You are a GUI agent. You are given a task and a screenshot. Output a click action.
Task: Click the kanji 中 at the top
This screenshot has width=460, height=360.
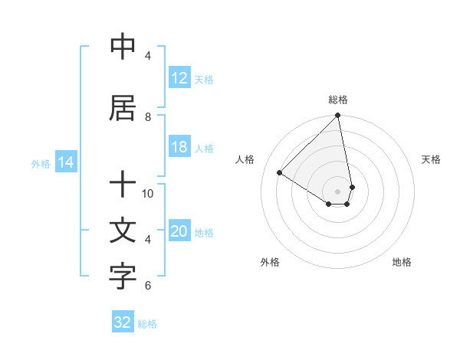(123, 47)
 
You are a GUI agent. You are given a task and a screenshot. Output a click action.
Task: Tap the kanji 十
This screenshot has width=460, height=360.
(123, 184)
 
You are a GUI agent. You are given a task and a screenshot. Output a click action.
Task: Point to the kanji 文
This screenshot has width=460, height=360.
(123, 230)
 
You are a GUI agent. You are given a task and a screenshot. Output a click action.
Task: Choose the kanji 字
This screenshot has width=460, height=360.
(123, 277)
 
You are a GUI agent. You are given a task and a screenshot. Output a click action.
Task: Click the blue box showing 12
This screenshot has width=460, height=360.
(179, 78)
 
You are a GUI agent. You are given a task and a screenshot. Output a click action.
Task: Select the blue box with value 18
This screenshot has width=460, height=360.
(179, 147)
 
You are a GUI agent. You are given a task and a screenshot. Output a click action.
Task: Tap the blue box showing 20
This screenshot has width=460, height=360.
(179, 232)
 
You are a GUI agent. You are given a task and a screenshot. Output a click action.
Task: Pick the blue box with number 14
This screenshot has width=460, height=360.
(66, 162)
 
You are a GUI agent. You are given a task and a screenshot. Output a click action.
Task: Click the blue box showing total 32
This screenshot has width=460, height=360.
(123, 322)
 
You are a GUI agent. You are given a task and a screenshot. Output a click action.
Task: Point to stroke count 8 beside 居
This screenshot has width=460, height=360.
(148, 117)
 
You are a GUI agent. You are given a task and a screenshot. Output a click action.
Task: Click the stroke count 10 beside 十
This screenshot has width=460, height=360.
(148, 194)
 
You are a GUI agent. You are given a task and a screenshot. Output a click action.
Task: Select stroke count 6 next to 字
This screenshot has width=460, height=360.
(148, 286)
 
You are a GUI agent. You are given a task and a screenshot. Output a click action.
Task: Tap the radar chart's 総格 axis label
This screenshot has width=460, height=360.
(338, 100)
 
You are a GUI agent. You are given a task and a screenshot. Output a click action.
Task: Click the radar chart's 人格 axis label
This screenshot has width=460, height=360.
(245, 159)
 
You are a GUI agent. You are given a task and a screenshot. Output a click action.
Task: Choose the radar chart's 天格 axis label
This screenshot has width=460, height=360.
(431, 159)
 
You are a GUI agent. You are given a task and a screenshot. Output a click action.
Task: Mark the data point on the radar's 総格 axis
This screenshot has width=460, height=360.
(338, 116)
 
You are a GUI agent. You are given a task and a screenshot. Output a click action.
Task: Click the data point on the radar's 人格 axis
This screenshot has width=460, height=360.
(280, 173)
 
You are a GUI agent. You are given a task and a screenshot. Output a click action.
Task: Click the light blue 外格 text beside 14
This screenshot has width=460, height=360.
(41, 163)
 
